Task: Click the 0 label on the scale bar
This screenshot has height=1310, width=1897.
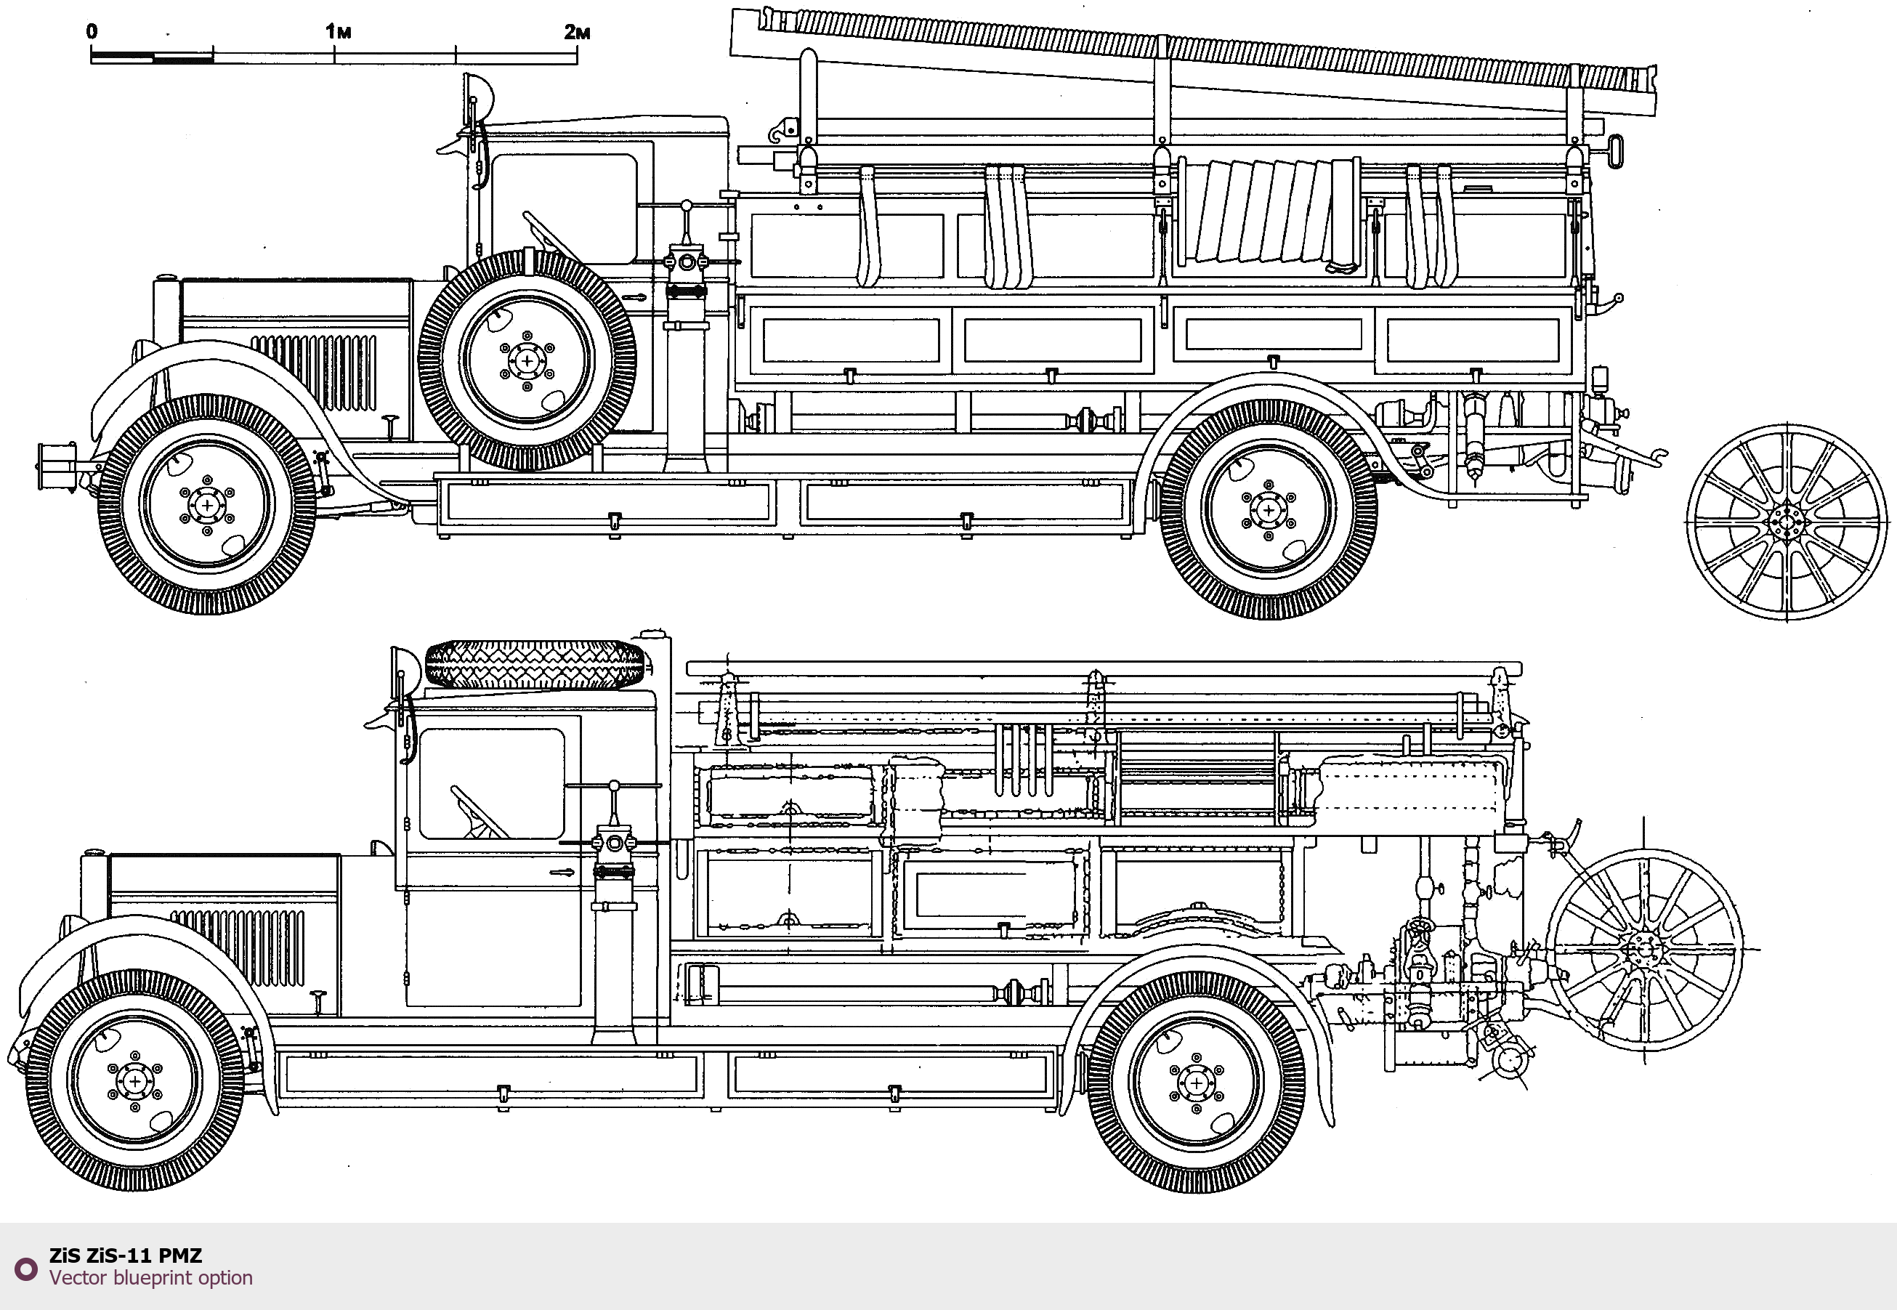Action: pos(91,31)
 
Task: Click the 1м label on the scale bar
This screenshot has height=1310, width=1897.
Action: pos(338,31)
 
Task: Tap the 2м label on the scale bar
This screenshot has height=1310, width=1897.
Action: pos(577,31)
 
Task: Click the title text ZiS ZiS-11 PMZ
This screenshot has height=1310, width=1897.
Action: pos(126,1255)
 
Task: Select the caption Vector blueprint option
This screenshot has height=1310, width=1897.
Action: pos(151,1278)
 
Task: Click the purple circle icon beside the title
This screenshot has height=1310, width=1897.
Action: pos(26,1269)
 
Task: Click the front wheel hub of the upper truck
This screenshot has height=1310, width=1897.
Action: pos(207,505)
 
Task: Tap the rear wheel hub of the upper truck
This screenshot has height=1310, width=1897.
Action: pos(1269,510)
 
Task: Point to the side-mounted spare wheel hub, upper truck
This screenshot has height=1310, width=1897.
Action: pos(526,360)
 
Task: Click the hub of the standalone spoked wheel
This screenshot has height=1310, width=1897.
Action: pos(1786,522)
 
